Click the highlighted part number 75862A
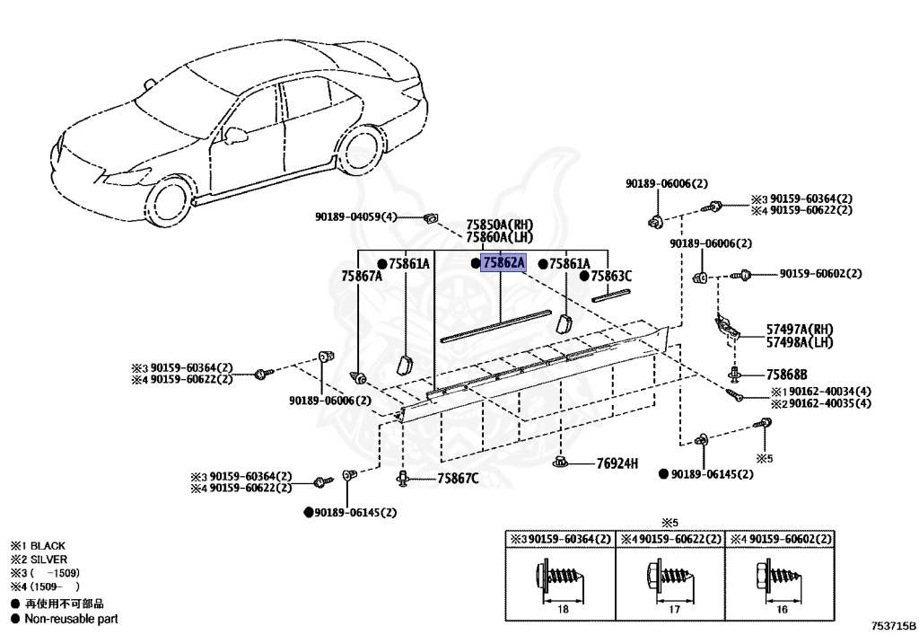coord(503,263)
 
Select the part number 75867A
coord(362,276)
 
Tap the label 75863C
coord(612,277)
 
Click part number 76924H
coord(617,463)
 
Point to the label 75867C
coord(458,479)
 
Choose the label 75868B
coord(786,375)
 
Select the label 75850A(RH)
coord(499,225)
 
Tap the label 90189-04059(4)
coord(355,216)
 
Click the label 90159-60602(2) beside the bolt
coord(820,273)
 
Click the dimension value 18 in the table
coord(564,610)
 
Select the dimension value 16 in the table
coord(783,610)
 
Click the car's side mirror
coord(235,135)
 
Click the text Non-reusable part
coord(71,618)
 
